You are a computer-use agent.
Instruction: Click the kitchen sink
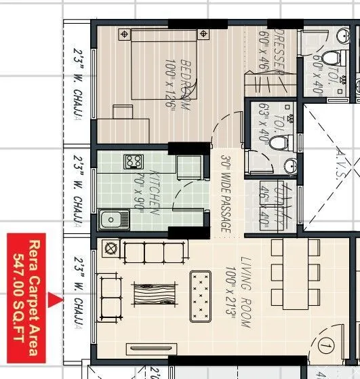pyautogui.click(x=114, y=219)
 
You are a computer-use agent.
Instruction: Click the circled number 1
pyautogui.click(x=326, y=347)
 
